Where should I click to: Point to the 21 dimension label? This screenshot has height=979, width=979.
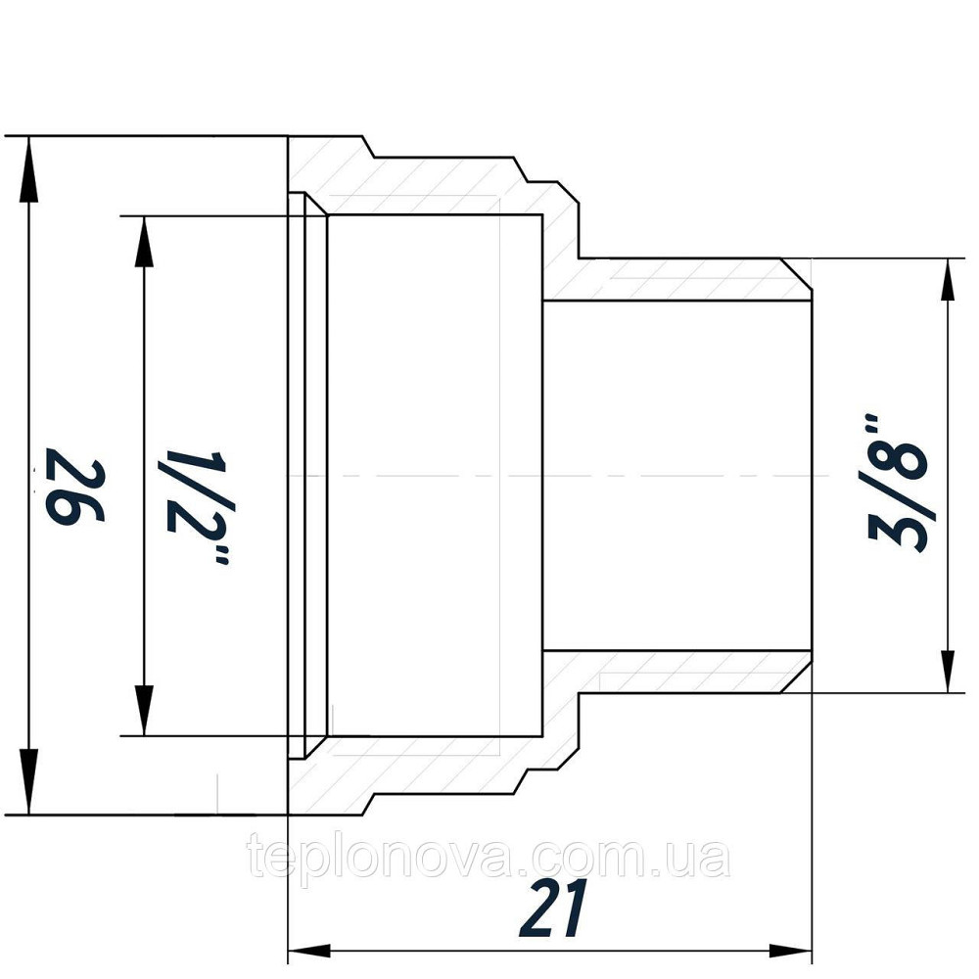tap(553, 908)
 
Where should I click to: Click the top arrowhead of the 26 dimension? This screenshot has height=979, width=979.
tap(29, 162)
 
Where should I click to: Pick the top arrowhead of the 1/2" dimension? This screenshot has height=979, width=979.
tap(145, 240)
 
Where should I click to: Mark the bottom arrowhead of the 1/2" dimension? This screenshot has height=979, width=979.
tap(145, 710)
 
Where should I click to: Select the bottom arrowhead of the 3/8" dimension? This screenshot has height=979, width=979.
tap(948, 671)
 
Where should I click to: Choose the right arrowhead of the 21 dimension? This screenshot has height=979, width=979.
tap(790, 951)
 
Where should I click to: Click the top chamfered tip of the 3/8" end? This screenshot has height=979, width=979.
tap(798, 277)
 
